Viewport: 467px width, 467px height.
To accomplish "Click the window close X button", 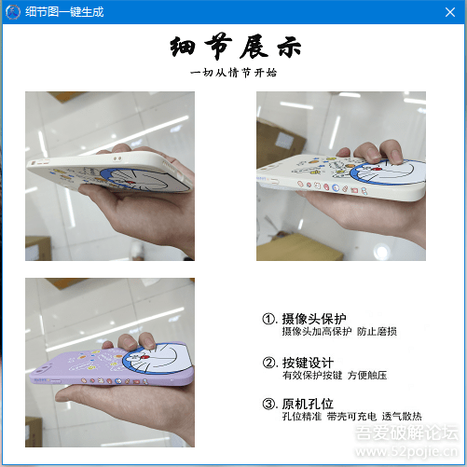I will point(449,11).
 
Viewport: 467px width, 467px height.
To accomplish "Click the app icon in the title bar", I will point(13,11).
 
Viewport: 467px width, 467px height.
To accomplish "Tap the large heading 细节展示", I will point(235,48).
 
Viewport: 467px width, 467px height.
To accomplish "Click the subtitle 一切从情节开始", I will point(234,72).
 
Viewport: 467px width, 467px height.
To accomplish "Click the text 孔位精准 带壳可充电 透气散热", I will point(351,416).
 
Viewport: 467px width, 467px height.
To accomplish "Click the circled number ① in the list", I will point(269,318).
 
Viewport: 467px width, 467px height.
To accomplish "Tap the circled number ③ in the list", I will point(269,403).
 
